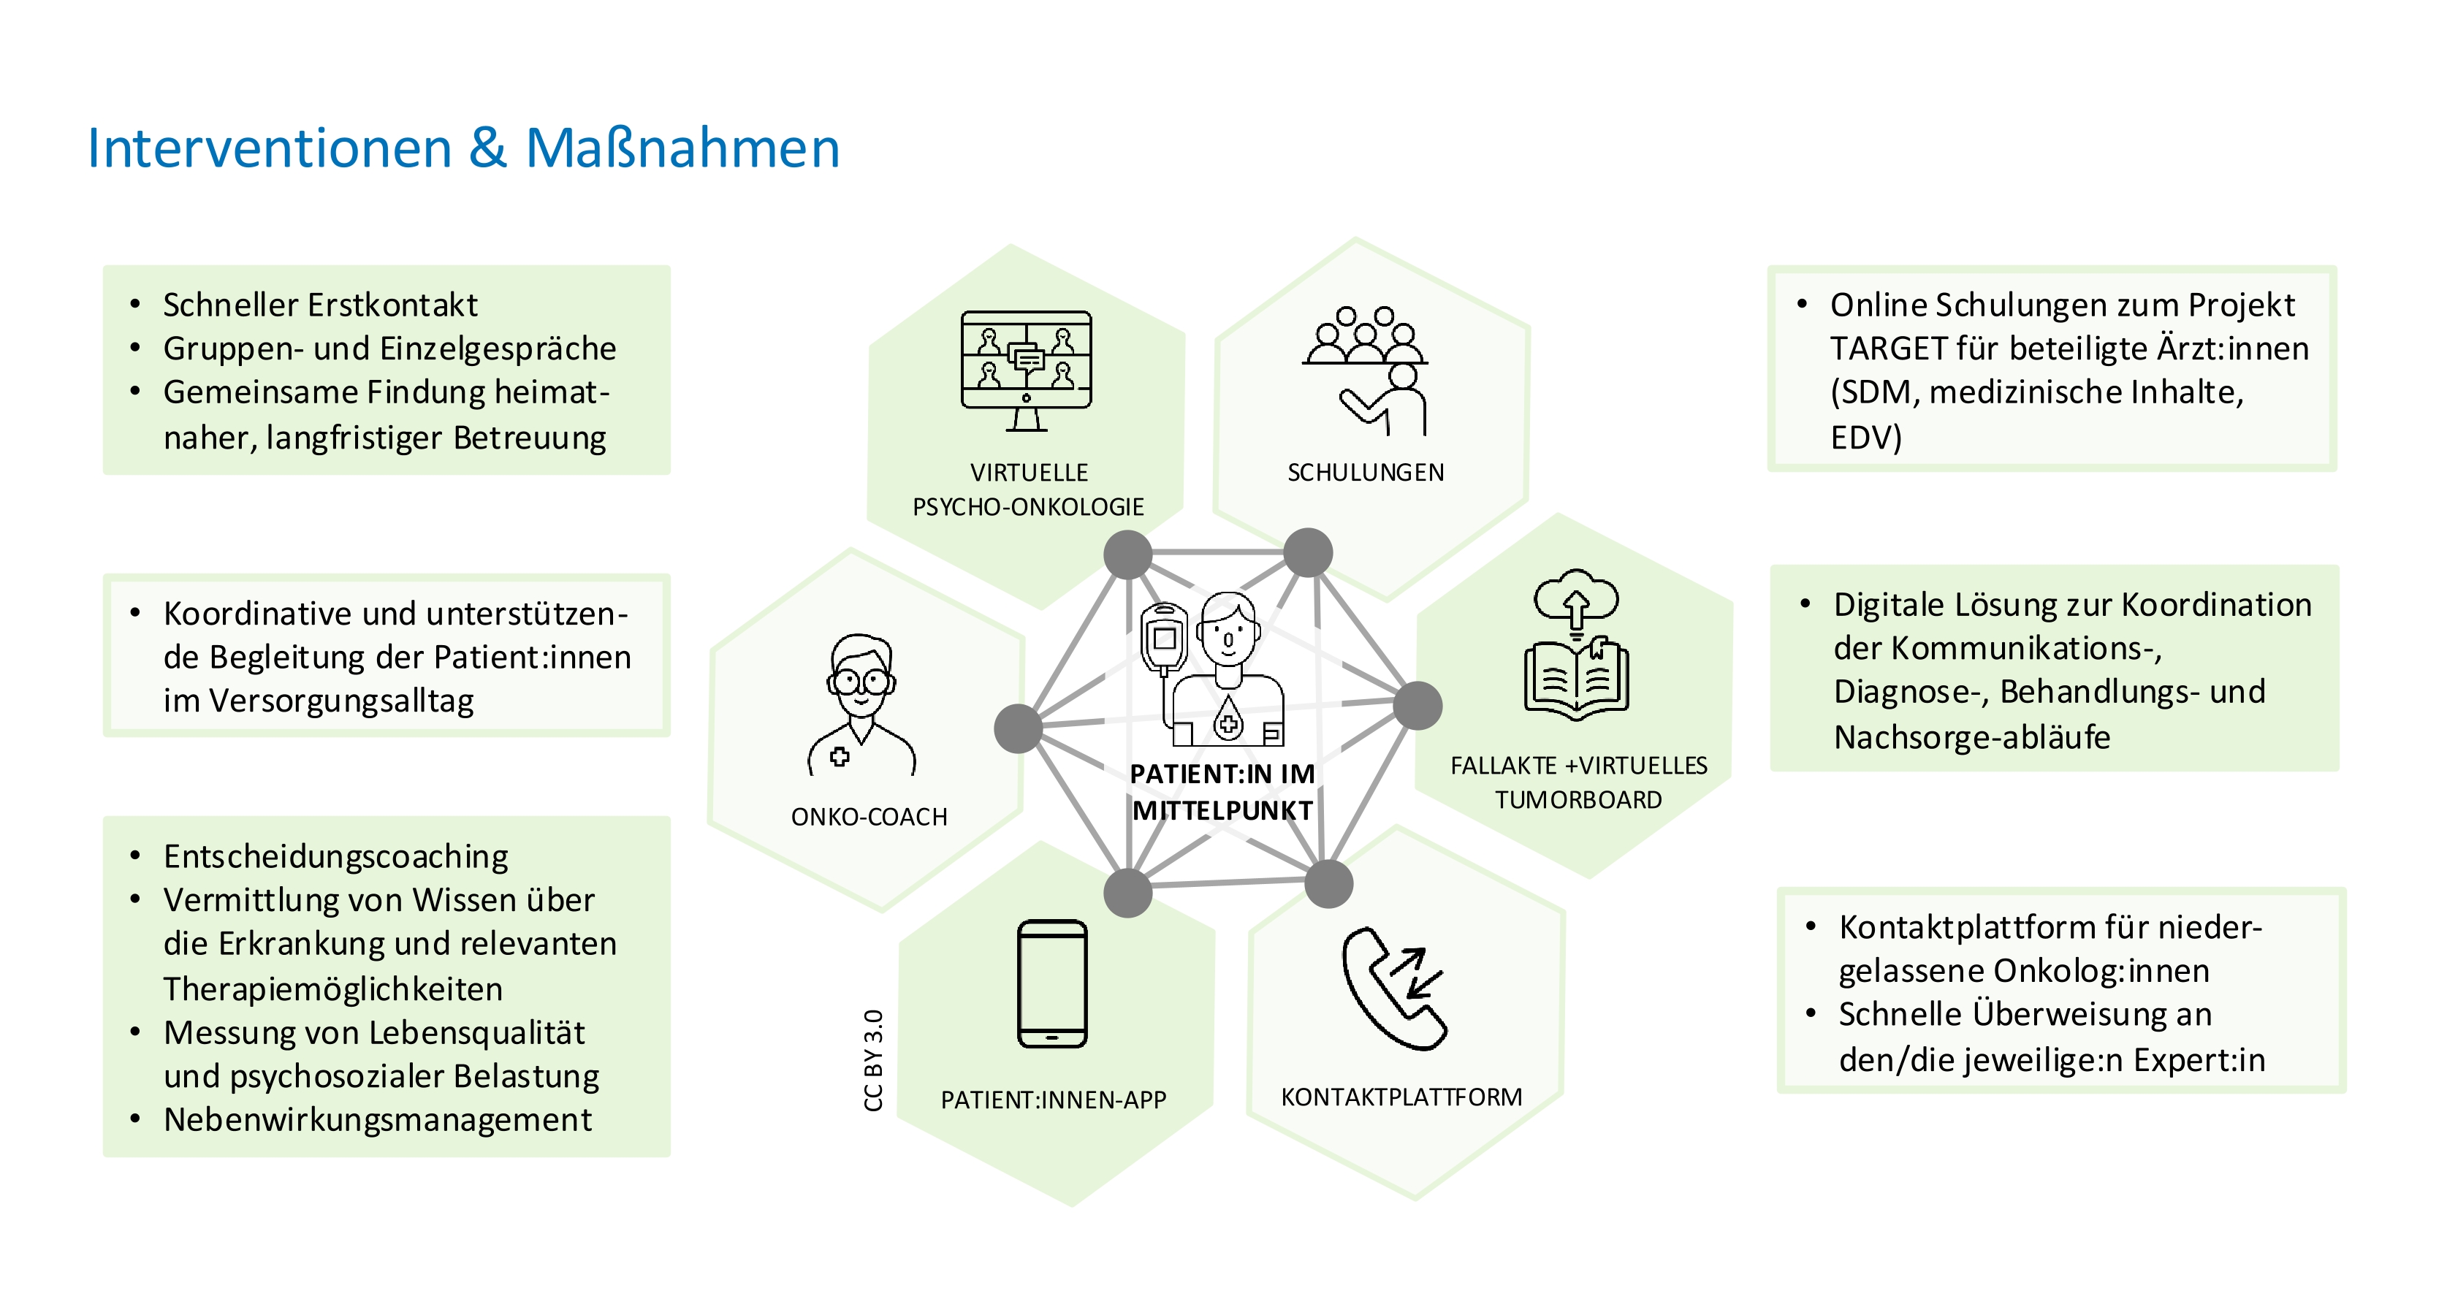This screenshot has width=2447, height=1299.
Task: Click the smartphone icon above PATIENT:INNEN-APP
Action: (1051, 983)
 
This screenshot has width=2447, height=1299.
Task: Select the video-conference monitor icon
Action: (1026, 370)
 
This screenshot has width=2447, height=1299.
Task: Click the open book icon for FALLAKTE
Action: (1576, 678)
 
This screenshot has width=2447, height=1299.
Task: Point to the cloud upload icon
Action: (1576, 598)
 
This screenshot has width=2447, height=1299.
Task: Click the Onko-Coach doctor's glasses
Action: (860, 681)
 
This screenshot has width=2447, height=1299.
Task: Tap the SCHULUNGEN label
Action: (1365, 472)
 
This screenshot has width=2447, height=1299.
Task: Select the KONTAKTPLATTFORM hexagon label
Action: (1401, 1097)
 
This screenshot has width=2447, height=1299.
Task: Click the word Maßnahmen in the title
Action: (682, 149)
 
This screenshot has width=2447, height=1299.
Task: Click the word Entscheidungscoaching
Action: (335, 856)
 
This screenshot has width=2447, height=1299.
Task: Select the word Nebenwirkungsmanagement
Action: (377, 1119)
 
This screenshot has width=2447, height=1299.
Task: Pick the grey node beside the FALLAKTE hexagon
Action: (1417, 706)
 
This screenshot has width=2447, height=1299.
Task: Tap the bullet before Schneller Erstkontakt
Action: (135, 305)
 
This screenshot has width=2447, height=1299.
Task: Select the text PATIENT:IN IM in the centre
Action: (1222, 774)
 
